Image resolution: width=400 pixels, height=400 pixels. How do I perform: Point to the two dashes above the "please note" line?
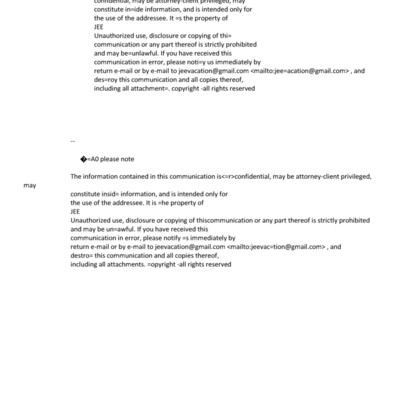73,142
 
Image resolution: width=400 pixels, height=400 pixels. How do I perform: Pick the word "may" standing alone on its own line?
31,185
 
